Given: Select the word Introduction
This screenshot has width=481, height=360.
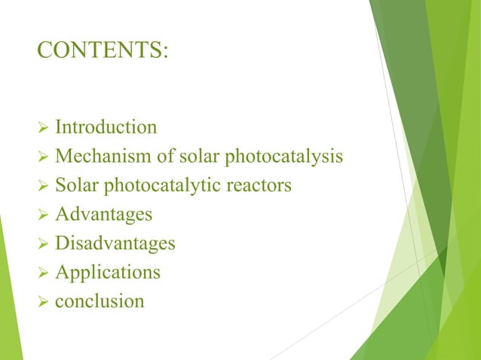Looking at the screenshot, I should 106,127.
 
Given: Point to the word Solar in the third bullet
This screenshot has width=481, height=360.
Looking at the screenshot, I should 73,185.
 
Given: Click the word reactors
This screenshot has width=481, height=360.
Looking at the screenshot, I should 262,185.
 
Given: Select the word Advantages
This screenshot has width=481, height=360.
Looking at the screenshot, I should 104,215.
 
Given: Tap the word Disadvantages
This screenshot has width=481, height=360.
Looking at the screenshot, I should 115,243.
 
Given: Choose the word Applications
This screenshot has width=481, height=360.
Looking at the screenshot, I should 108,273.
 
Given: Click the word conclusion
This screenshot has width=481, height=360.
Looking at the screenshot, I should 100,301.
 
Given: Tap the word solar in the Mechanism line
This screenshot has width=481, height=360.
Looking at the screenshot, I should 198,156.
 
